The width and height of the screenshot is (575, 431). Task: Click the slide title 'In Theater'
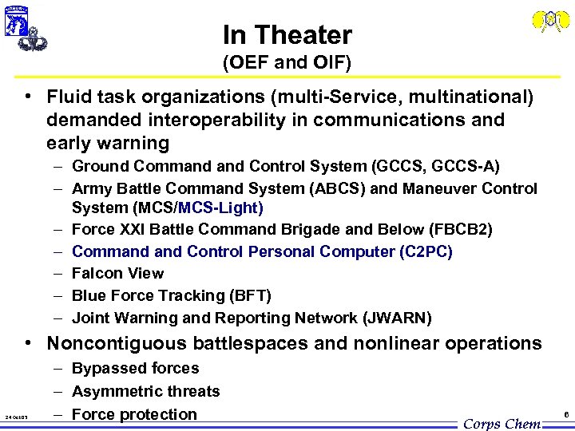pyautogui.click(x=287, y=35)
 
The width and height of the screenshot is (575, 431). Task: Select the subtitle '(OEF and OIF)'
pyautogui.click(x=287, y=61)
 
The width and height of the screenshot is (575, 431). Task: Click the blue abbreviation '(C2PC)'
pyautogui.click(x=426, y=251)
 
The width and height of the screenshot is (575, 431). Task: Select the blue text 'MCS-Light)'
pyautogui.click(x=221, y=208)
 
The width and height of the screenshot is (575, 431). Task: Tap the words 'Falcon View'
pyautogui.click(x=117, y=273)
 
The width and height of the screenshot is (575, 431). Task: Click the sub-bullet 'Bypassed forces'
pyautogui.click(x=135, y=369)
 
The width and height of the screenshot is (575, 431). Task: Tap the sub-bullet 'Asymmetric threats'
pyautogui.click(x=145, y=391)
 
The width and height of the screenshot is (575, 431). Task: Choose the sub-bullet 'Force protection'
pyautogui.click(x=134, y=414)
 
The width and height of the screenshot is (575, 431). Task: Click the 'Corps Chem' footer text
pyautogui.click(x=502, y=423)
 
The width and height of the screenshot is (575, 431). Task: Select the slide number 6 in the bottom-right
pyautogui.click(x=565, y=415)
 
